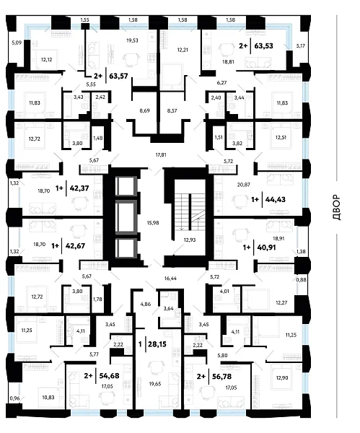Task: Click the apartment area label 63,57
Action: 119,76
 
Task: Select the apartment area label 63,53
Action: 263,46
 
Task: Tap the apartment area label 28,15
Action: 157,344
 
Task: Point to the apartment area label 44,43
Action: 276,199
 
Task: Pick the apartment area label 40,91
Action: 266,248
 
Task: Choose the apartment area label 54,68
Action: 110,375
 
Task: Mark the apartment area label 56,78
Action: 221,377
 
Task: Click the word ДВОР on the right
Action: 337,207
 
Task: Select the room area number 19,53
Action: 132,40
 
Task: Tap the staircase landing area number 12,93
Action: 190,240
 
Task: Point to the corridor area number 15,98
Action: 153,222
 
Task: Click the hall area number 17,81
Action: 161,155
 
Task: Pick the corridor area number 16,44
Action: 170,279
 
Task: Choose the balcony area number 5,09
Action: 17,43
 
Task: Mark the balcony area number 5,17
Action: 301,46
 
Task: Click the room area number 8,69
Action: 145,110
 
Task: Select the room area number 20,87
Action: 244,185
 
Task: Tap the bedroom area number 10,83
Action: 48,398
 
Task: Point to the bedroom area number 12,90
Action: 282,377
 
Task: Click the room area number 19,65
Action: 155,384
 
